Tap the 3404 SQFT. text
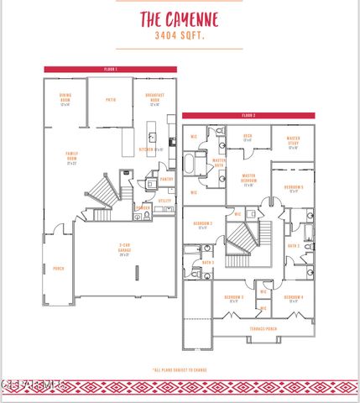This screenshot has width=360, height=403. tap(179, 37)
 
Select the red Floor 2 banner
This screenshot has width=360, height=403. tap(248, 115)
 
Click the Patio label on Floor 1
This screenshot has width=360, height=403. tap(110, 100)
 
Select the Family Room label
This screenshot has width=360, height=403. tap(72, 156)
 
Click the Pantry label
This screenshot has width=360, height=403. tap(166, 179)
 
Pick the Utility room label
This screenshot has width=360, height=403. tap(164, 201)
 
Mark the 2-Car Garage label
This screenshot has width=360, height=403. tap(124, 249)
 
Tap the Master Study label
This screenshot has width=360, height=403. tap(294, 141)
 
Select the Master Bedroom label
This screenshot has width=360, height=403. tap(248, 177)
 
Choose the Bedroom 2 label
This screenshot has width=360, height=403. tap(202, 225)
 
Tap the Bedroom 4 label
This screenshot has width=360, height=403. tap(293, 300)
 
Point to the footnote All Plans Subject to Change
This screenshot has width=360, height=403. tap(179, 369)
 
